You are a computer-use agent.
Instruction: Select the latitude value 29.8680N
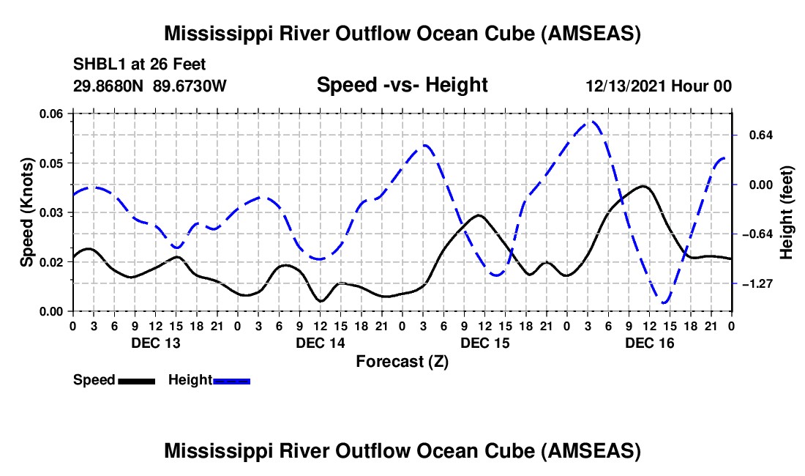click(x=109, y=86)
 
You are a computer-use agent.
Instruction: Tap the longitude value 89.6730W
click(x=190, y=86)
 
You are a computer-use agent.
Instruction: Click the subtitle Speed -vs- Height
click(x=402, y=85)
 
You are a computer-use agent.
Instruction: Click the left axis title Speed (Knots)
click(x=26, y=212)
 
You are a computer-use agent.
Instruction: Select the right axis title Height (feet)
click(x=786, y=212)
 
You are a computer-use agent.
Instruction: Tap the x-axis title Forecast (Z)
click(x=402, y=361)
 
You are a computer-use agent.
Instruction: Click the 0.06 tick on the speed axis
click(x=52, y=114)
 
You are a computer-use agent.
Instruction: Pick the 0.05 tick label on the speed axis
click(x=52, y=163)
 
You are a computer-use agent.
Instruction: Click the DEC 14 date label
click(x=321, y=343)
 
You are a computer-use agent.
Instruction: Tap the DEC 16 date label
click(x=650, y=343)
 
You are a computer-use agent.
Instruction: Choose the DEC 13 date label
click(x=155, y=343)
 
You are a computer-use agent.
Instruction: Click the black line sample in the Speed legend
click(x=136, y=380)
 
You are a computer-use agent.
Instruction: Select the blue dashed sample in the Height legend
click(x=232, y=380)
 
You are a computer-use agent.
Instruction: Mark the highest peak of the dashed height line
click(x=594, y=122)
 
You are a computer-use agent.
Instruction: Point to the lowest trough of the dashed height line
click(x=664, y=302)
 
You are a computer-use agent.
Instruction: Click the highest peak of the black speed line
click(x=643, y=186)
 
